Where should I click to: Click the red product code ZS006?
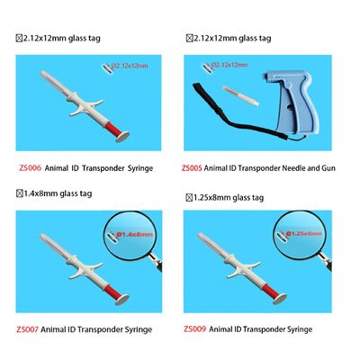point(30,166)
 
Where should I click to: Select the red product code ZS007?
point(30,329)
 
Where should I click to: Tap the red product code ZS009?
point(193,329)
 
